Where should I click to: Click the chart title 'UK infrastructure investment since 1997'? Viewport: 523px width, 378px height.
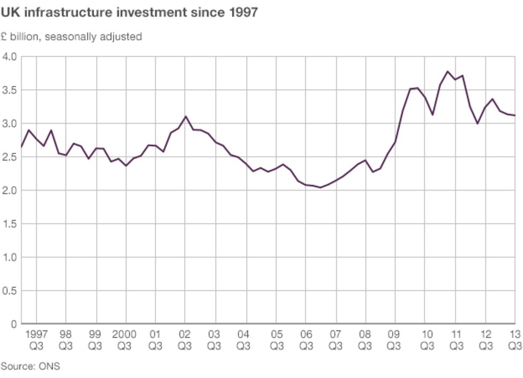coord(129,12)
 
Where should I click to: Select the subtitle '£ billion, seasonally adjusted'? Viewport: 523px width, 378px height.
coord(71,37)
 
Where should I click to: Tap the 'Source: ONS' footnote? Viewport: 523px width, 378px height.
coord(30,367)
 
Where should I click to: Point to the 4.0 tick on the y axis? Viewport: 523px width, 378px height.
coord(10,57)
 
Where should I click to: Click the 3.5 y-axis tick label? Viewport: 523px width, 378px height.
coord(10,90)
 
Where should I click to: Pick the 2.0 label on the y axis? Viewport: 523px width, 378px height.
coord(10,191)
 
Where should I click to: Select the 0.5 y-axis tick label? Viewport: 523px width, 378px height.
coord(10,291)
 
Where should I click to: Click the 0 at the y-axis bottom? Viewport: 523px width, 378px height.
coord(14,324)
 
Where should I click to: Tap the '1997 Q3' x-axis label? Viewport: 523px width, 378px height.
coord(37,340)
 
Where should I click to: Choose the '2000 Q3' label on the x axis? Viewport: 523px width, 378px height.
coord(126,340)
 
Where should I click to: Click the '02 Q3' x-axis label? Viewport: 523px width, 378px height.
coord(185,340)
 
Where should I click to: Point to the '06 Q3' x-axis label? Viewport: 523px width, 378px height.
coord(306,340)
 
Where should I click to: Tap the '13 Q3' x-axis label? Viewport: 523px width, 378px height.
coord(515,340)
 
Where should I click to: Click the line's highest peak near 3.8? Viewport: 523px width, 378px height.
coord(447,71)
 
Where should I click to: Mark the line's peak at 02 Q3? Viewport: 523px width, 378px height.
coord(185,116)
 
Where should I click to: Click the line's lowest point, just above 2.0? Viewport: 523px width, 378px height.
coord(320,187)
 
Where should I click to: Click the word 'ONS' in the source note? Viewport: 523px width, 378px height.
coord(49,367)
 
